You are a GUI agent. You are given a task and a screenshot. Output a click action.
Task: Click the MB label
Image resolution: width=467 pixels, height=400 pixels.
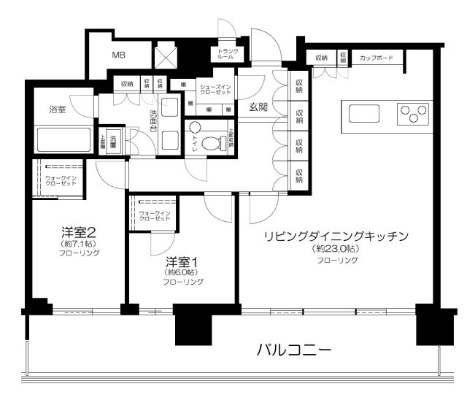(x=117, y=55)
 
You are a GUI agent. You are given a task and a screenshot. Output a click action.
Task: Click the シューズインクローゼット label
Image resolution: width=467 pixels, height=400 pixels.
(x=215, y=90)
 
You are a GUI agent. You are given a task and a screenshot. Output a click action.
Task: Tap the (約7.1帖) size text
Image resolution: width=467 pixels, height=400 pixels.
(x=79, y=244)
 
